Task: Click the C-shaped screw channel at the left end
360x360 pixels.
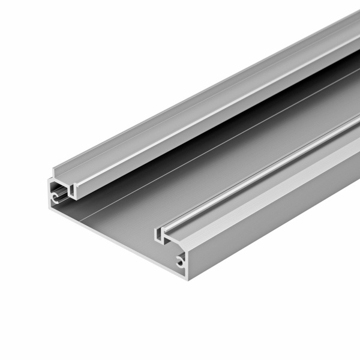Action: point(55,196)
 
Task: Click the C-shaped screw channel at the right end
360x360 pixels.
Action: point(180,260)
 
